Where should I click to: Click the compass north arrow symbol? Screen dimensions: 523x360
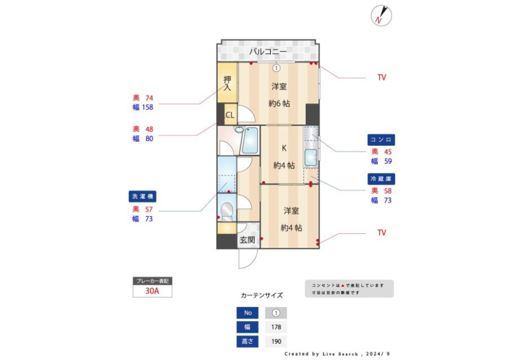381,16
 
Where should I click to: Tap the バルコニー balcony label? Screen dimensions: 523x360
267,52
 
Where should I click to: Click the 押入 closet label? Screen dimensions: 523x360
227,84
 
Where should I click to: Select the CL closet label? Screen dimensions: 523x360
230,115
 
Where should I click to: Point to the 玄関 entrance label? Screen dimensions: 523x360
248,240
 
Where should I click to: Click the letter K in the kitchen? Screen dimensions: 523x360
284,148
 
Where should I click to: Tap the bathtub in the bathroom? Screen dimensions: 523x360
250,141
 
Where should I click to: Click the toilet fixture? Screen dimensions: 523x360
227,211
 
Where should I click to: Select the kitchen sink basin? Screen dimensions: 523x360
311,158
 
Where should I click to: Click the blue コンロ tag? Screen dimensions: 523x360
381,140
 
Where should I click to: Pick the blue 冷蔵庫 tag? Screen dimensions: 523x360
381,179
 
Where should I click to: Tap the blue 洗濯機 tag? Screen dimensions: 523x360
142,196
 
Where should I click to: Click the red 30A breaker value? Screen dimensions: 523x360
152,291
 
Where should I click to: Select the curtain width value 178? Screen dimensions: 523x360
276,327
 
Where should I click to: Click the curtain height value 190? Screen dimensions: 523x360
276,341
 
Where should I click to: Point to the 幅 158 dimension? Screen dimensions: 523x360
143,107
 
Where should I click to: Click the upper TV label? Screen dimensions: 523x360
382,78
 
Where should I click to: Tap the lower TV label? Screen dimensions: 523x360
382,233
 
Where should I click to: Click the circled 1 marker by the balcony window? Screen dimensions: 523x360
276,69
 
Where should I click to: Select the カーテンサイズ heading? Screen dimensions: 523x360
262,296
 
